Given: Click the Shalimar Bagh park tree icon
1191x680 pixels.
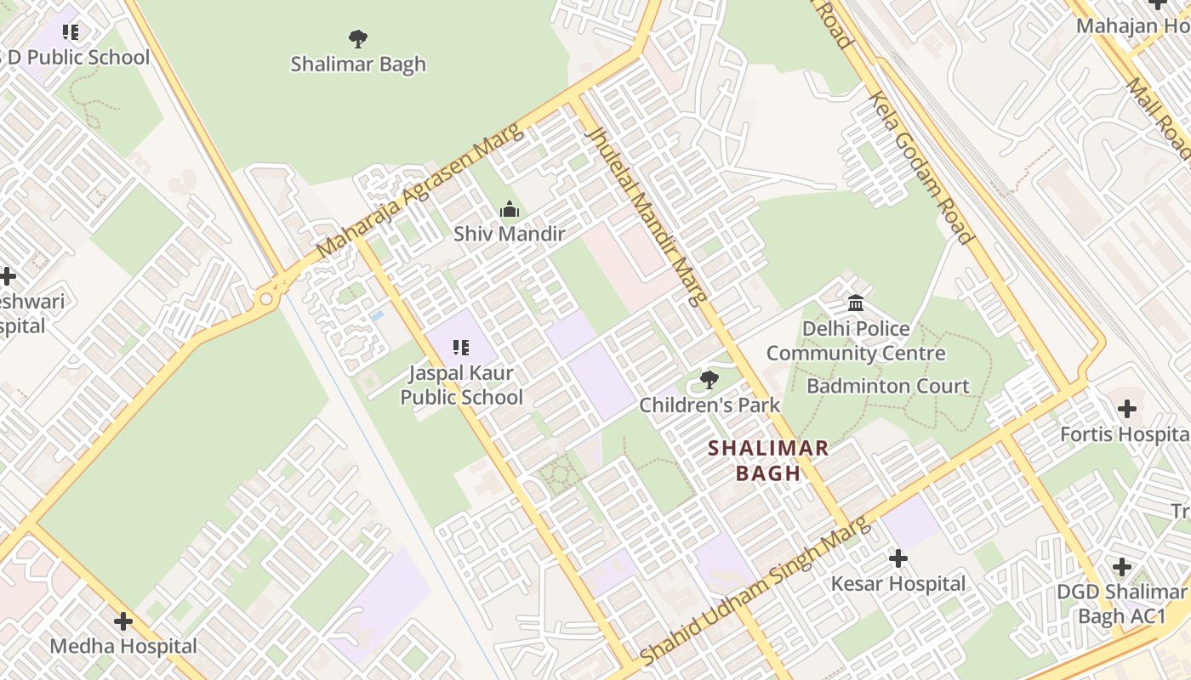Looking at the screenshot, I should pos(358,38).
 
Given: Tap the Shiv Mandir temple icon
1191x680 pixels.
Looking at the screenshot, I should pos(509,209).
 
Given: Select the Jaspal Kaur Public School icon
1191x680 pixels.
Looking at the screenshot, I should pos(461,347).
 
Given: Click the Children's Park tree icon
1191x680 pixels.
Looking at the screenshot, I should pos(709,380).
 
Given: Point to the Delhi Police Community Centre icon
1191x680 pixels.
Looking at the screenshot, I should pos(856,303).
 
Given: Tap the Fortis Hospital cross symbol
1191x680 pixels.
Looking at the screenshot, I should pos(1127,410).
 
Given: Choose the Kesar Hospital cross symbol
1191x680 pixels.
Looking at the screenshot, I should pos(898,558).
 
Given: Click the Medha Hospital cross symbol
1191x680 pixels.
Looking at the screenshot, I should pos(123,621).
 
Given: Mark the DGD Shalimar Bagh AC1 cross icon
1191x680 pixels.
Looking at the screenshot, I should pos(1122,567).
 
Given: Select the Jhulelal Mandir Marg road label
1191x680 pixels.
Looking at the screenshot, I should pos(648,216).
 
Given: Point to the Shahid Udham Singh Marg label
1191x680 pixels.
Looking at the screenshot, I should pos(755,592).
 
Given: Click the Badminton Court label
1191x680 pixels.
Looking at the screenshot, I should pos(887,386).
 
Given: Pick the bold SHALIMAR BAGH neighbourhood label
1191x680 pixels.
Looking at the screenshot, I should pos(768,461).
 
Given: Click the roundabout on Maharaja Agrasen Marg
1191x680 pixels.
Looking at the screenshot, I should pos(266,298).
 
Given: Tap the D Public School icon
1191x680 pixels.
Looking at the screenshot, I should pos(71,32).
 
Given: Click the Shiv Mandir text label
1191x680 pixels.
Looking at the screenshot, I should pos(509,234).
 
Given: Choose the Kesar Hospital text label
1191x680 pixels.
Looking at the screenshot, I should pos(898,584).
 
